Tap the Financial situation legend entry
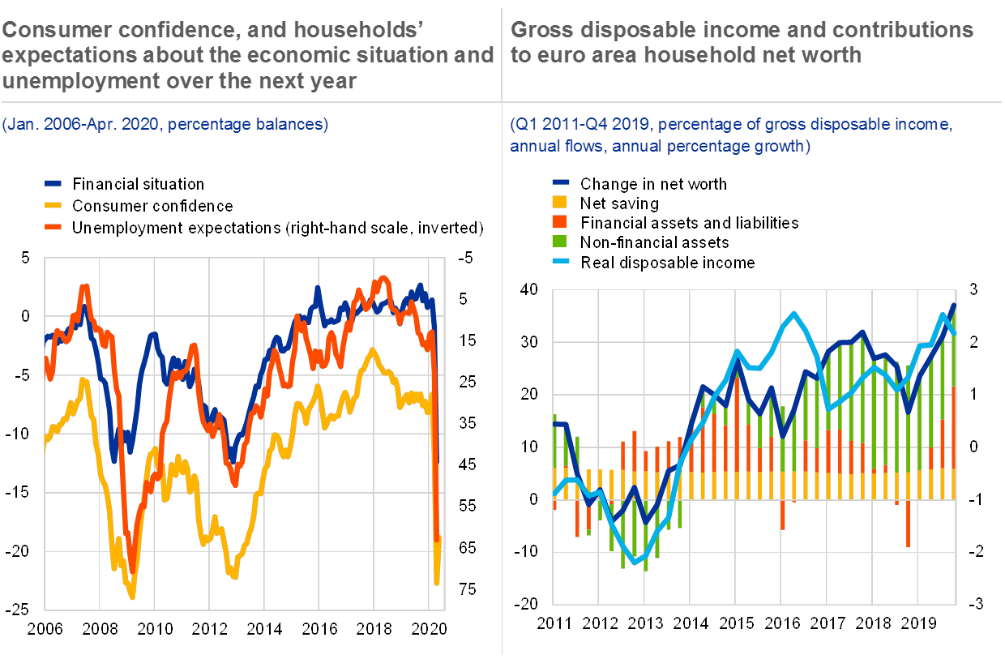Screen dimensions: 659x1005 tap(138, 184)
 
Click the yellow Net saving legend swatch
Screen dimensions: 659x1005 tap(559, 203)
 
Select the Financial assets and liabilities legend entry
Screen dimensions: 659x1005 tap(689, 223)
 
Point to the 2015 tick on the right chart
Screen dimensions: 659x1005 tap(736, 623)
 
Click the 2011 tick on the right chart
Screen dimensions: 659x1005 tap(554, 623)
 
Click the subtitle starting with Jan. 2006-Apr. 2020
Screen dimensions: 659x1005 tap(165, 125)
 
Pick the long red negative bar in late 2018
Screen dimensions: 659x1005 tap(908, 524)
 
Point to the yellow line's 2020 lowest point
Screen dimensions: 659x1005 tap(437, 582)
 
